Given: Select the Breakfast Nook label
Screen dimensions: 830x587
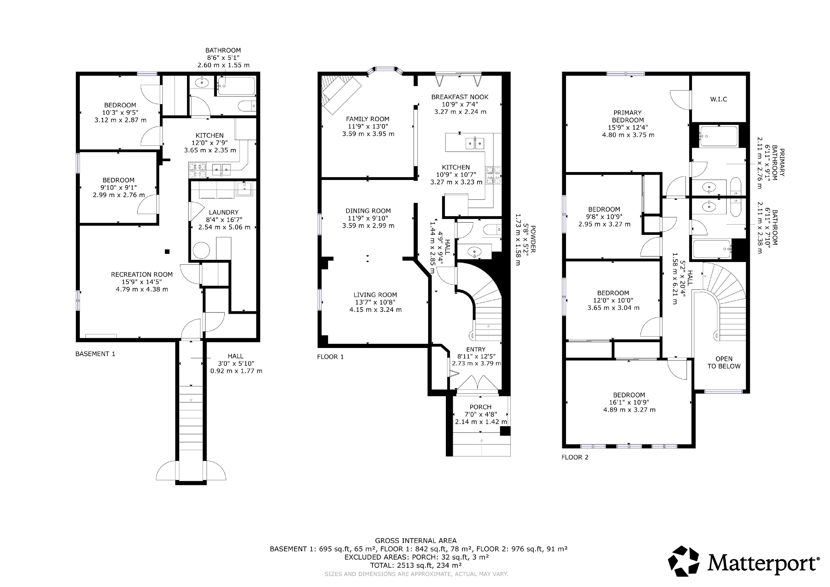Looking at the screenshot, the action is point(460,97).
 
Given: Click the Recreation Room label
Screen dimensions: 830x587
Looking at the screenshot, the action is point(142,274).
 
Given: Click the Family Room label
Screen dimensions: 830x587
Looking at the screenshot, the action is point(368,119).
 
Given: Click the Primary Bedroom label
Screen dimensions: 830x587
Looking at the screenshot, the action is point(628,116).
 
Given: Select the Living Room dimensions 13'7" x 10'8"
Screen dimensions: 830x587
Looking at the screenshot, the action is point(375,302).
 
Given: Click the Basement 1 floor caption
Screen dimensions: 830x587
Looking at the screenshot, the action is point(95,354).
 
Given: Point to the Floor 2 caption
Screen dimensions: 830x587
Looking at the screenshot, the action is point(575,457).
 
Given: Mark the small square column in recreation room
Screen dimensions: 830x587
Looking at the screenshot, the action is point(167,252).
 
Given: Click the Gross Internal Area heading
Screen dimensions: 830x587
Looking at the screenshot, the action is point(416,541).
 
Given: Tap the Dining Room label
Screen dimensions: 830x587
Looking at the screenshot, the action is point(368,211).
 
